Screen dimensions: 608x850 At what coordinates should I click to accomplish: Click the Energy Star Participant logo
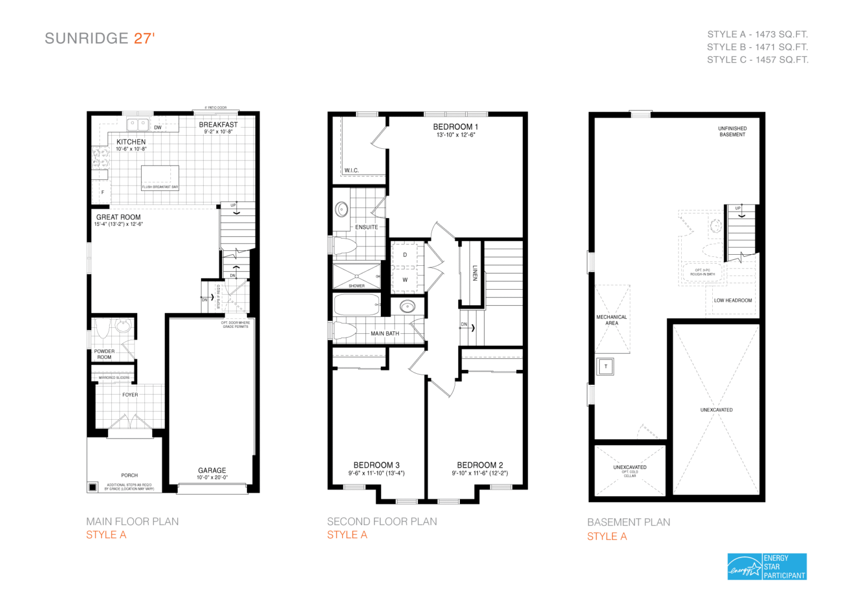(766, 566)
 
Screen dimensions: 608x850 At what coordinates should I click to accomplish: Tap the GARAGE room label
(212, 470)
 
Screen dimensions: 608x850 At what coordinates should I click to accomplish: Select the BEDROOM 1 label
(455, 127)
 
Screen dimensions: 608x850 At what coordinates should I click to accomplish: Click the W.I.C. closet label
(351, 171)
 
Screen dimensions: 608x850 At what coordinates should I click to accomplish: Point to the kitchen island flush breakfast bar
(160, 177)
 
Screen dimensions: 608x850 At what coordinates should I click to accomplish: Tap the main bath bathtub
(357, 304)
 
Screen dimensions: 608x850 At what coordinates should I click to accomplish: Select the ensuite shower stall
(356, 275)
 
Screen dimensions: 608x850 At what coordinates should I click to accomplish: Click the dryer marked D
(405, 255)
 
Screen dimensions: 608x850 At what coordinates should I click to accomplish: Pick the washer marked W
(405, 280)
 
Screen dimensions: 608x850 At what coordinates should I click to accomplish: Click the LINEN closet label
(474, 273)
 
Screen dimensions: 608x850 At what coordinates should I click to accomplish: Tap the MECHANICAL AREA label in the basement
(611, 320)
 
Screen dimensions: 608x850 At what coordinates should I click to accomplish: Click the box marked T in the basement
(605, 367)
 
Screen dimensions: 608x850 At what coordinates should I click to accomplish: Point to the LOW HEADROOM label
(733, 300)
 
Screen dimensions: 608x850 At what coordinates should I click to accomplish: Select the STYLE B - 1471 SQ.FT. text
(757, 47)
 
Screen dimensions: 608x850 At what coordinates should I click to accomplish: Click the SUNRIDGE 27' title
(100, 38)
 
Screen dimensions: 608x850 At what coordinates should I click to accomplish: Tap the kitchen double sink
(137, 123)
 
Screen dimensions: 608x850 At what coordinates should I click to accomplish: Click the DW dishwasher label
(158, 127)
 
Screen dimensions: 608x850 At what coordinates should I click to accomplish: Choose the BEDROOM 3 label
(376, 465)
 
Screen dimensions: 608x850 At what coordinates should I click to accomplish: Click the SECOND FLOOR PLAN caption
(382, 522)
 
